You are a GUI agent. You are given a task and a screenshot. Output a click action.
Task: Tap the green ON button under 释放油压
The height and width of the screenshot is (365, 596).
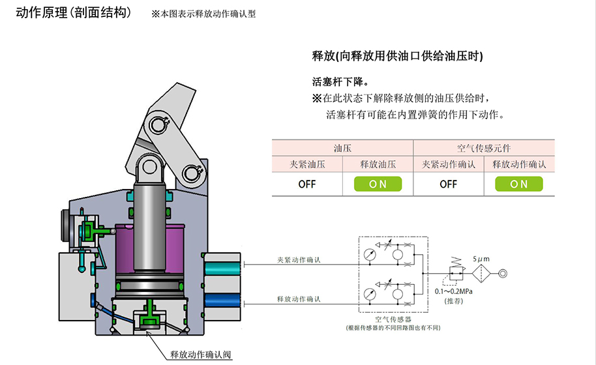tap(378, 184)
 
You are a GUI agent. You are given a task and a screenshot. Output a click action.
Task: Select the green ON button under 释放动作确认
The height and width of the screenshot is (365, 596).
tap(519, 184)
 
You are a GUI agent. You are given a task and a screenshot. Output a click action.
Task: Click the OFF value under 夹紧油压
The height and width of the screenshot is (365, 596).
tap(306, 184)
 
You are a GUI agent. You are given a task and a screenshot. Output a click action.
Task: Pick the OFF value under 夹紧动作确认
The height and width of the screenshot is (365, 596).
tap(448, 184)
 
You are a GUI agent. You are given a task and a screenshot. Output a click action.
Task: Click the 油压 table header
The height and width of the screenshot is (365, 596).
tap(342, 148)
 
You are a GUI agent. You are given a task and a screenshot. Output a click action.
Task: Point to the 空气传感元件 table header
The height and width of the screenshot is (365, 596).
tap(483, 148)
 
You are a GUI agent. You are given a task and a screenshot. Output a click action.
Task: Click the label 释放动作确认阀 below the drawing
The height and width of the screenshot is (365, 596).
tap(200, 355)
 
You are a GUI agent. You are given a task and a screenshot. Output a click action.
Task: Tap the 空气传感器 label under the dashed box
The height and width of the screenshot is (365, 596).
tap(393, 319)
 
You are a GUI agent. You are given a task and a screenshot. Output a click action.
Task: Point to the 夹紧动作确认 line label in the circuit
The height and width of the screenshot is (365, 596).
tap(297, 261)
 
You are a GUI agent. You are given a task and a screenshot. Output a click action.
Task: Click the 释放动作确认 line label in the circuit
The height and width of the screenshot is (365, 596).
tap(297, 299)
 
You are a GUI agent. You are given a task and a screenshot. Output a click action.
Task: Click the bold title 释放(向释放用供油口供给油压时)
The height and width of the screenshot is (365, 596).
tap(398, 57)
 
